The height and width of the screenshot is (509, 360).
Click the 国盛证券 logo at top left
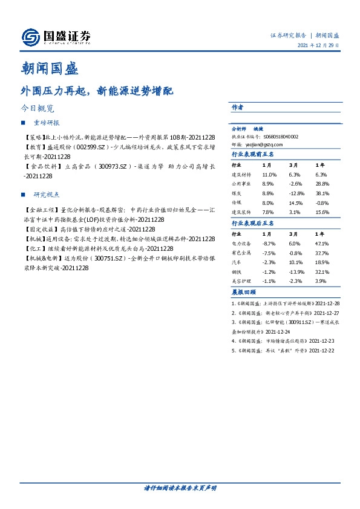click(56, 38)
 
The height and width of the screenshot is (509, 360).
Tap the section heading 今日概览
click(38, 109)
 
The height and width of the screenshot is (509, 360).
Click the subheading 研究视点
click(47, 195)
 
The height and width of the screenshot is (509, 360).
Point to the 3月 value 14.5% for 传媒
click(296, 203)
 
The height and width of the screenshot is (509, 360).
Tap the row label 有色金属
click(241, 253)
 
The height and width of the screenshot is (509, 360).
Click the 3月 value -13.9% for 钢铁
click(296, 272)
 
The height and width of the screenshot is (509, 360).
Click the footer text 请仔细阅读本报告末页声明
click(180, 487)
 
